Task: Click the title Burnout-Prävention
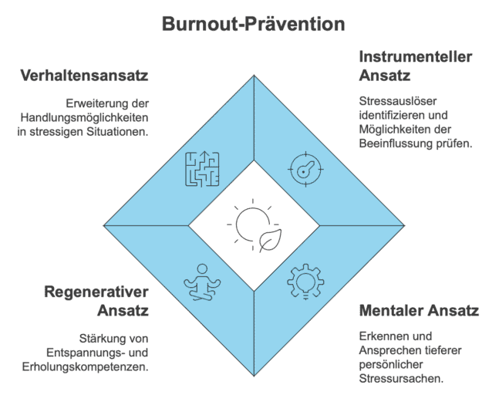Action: click(253, 24)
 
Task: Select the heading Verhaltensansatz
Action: click(84, 76)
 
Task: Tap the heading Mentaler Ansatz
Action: click(419, 310)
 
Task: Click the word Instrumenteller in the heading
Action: click(416, 57)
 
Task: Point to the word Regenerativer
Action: click(96, 292)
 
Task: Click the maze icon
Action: click(202, 169)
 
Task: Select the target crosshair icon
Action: click(305, 169)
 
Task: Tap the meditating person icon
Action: click(202, 282)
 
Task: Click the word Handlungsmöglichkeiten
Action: click(84, 118)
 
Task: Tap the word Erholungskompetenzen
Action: click(86, 367)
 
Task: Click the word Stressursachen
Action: click(401, 379)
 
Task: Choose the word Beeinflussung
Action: click(395, 143)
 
